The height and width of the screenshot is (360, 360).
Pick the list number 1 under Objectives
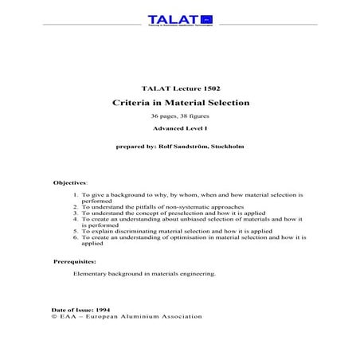click(x=74, y=195)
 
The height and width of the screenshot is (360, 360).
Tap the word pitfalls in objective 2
click(x=137, y=207)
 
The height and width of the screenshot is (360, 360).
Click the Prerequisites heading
click(x=75, y=261)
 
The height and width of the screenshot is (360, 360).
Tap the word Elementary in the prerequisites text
click(x=91, y=274)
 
